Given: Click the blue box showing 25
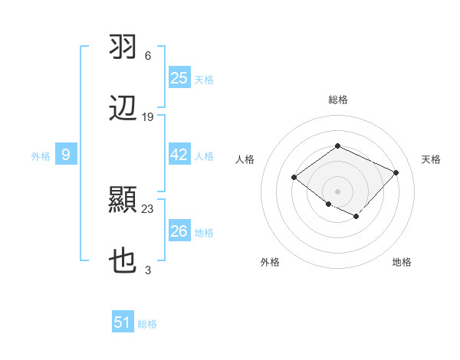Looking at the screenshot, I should tap(179, 78).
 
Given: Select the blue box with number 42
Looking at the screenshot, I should tap(179, 155).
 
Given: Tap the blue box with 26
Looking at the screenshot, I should tap(179, 231).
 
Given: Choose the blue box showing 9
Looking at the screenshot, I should tap(66, 155).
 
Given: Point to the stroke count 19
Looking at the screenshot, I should tap(148, 117).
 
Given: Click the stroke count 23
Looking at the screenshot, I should tap(148, 208).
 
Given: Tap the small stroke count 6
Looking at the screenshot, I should tap(147, 55).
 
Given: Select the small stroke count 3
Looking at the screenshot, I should tap(147, 270).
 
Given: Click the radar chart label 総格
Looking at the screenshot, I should tap(337, 100).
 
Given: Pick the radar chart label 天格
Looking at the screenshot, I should tap(431, 159).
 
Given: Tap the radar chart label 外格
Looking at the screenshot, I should tap(270, 262).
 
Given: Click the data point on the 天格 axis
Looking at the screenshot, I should tap(396, 172).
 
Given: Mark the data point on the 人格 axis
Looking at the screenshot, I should tap(294, 178).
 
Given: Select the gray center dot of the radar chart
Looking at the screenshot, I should tap(337, 191).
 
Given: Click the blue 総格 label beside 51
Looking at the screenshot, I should tap(147, 324).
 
